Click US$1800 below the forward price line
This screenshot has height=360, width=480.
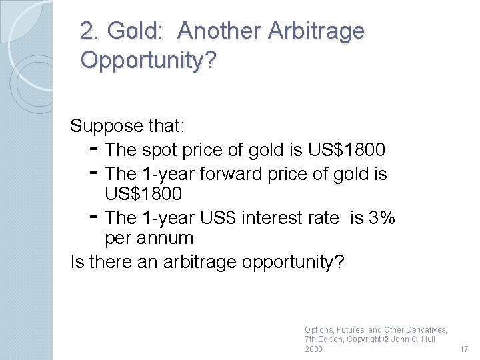(x=143, y=194)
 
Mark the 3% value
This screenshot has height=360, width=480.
(x=382, y=217)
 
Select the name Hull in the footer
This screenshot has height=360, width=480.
(x=425, y=339)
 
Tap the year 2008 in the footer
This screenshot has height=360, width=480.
(x=313, y=349)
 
